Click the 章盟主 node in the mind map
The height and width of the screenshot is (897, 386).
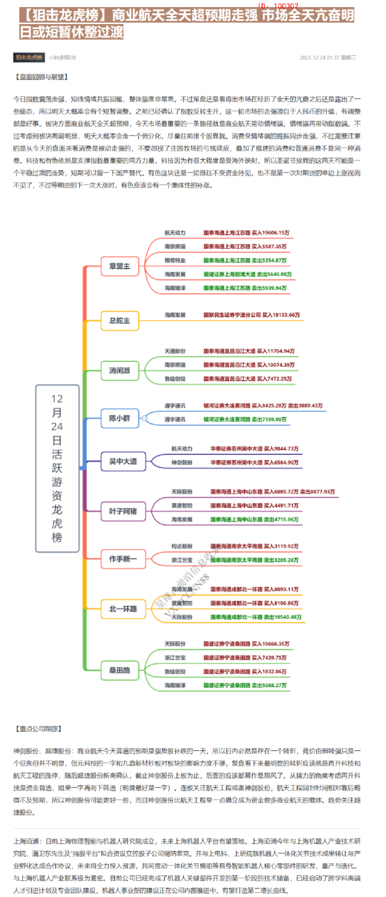[120, 266]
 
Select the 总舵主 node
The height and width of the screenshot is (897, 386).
[120, 320]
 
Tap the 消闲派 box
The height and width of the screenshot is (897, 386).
[120, 371]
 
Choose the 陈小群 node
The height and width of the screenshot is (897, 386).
[120, 418]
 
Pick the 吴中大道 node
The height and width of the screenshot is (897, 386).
[123, 461]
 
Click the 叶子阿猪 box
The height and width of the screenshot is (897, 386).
[123, 512]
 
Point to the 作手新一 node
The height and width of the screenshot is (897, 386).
[123, 559]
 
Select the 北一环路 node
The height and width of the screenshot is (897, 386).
[123, 609]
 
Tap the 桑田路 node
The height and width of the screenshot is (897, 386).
[120, 670]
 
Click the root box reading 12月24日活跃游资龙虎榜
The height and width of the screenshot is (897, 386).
[57, 468]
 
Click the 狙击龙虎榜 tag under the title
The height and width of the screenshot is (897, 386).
[29, 57]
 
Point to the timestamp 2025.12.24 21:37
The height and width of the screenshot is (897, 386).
[319, 58]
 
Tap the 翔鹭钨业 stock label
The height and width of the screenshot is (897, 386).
[175, 261]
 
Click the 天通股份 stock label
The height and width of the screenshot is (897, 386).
[175, 351]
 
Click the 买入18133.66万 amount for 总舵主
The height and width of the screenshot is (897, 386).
[281, 315]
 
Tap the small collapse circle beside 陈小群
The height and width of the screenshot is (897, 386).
[144, 419]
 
